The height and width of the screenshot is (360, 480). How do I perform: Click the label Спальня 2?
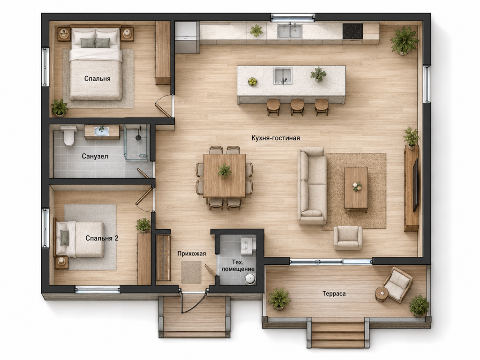point(102,238)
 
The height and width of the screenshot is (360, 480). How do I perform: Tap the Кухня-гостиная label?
point(276,138)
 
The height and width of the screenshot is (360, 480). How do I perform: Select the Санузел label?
point(95,157)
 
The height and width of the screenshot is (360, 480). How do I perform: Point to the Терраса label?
point(334,293)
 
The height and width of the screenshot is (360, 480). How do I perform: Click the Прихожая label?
point(192,254)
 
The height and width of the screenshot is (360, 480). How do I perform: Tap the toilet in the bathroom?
point(68,135)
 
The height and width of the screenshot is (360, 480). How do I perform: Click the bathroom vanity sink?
point(102,132)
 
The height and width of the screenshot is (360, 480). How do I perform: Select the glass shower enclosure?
point(137,142)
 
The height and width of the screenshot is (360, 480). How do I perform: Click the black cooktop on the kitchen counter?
point(352,31)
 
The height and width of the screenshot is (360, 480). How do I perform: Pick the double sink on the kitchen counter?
point(290,31)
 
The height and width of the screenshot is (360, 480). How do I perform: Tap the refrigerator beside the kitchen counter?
point(187,37)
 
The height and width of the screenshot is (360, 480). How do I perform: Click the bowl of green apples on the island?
point(253,82)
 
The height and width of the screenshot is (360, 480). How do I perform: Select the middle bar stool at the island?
point(297,106)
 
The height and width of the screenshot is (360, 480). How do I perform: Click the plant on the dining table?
point(225,170)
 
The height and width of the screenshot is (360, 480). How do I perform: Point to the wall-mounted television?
point(415,185)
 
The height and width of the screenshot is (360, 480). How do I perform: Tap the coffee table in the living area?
point(356,189)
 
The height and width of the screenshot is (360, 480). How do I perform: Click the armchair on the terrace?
point(397,285)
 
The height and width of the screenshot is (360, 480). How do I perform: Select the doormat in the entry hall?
point(191,272)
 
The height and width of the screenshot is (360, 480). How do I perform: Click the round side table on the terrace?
point(382,294)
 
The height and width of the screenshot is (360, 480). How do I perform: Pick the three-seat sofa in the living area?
point(312,186)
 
